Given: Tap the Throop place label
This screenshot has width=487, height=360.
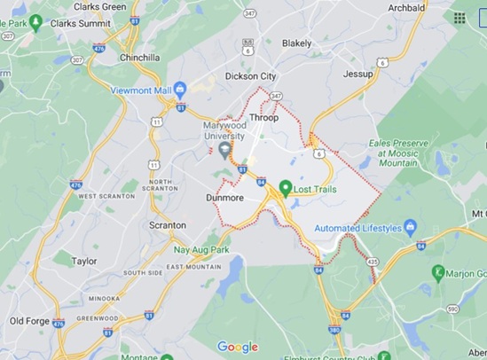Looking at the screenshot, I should [x=263, y=118].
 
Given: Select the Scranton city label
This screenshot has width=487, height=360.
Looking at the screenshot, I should [x=168, y=225].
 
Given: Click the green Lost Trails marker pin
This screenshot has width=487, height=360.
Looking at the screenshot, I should [x=286, y=188].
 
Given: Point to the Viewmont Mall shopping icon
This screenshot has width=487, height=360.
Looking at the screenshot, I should [x=181, y=90].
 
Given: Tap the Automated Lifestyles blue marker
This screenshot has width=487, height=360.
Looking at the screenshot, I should [x=410, y=228].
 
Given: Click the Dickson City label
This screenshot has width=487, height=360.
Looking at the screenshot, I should [x=252, y=76].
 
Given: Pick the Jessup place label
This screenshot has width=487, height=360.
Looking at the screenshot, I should [x=358, y=74].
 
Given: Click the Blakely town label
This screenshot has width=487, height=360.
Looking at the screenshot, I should [x=296, y=43].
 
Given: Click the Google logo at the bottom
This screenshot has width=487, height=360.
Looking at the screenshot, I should [x=238, y=347].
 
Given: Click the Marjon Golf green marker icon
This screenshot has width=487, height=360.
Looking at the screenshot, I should [x=437, y=271].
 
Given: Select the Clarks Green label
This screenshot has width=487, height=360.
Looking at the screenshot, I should [x=99, y=6].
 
